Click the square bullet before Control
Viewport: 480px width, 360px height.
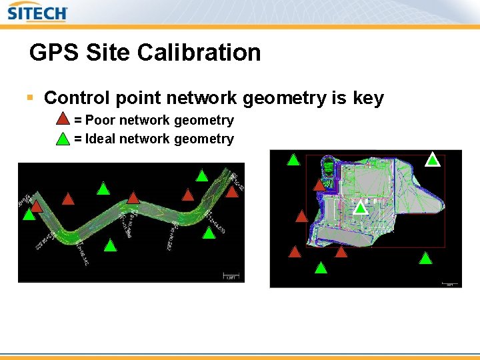[29, 98]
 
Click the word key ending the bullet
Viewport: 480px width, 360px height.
[369, 98]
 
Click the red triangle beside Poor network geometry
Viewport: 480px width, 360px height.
[62, 120]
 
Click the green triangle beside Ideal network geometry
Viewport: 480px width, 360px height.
[62, 139]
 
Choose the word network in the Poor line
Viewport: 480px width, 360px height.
[144, 121]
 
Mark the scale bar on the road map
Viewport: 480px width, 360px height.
[231, 276]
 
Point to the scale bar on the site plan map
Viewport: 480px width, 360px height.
[449, 283]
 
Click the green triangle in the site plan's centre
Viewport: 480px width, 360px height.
[360, 207]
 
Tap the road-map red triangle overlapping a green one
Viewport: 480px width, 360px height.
[37, 206]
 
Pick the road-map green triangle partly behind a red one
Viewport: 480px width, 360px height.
[28, 215]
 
